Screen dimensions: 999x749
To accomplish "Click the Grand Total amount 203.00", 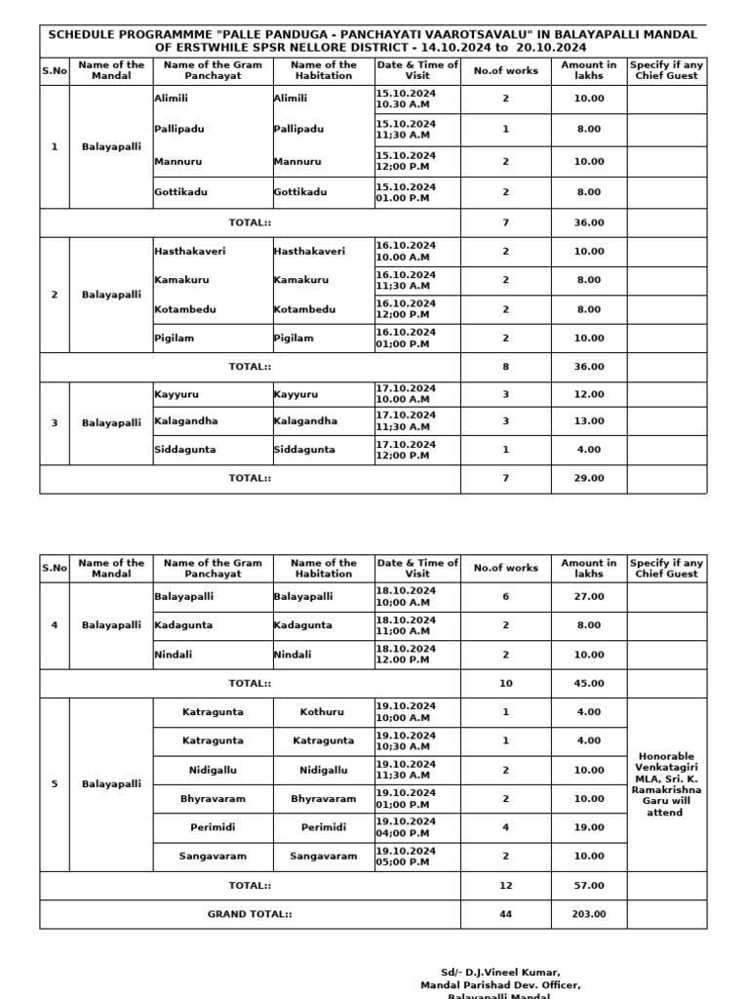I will pyautogui.click(x=589, y=914).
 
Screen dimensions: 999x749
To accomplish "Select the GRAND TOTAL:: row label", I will pyautogui.click(x=250, y=914).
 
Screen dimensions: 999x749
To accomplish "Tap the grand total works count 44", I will pyautogui.click(x=505, y=914).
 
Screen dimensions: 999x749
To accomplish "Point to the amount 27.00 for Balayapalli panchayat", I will pyautogui.click(x=589, y=596).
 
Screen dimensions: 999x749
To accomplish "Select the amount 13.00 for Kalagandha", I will pyautogui.click(x=589, y=421).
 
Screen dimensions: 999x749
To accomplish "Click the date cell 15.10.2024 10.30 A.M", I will pyautogui.click(x=406, y=99).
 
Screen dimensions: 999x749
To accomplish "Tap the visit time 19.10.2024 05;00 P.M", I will pyautogui.click(x=406, y=856).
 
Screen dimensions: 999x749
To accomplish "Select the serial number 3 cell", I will pyautogui.click(x=55, y=422).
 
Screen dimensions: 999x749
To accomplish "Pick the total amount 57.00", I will pyautogui.click(x=589, y=886).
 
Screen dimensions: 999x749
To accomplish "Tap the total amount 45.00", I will pyautogui.click(x=589, y=683).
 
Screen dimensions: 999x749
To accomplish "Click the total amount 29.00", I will pyautogui.click(x=589, y=479).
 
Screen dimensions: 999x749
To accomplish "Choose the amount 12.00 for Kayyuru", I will pyautogui.click(x=589, y=394).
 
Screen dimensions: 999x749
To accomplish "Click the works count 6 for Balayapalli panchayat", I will pyautogui.click(x=505, y=596).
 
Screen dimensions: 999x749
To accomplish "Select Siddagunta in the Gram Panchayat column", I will pyautogui.click(x=185, y=450).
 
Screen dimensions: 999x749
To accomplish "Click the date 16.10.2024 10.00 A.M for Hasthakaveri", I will pyautogui.click(x=406, y=251).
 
